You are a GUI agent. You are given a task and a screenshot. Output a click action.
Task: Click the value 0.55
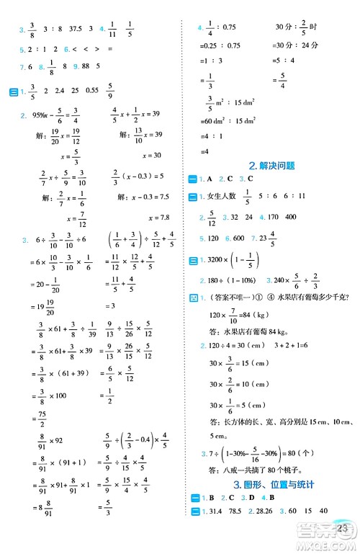point(92,91)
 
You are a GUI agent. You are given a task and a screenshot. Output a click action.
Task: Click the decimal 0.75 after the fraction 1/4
point(228,27)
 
